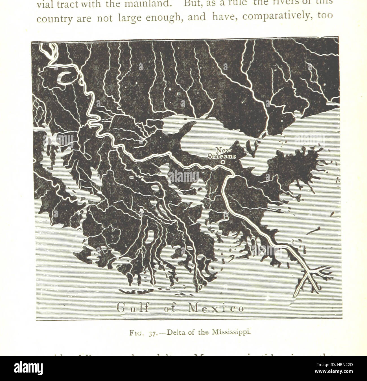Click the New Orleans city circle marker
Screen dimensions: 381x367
(223, 162)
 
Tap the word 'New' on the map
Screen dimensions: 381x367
(224, 150)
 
